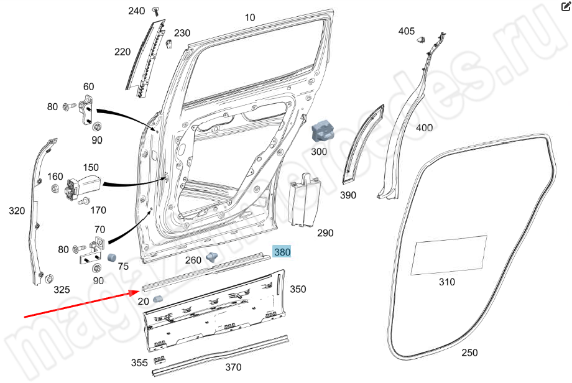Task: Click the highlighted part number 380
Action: pyautogui.click(x=282, y=252)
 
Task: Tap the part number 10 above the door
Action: pyautogui.click(x=249, y=17)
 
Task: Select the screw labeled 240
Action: pyautogui.click(x=156, y=10)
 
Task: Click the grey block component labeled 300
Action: pyautogui.click(x=322, y=132)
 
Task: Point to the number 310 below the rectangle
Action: pyautogui.click(x=446, y=282)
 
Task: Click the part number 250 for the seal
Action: pyautogui.click(x=469, y=353)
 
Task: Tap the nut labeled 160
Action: pyautogui.click(x=53, y=188)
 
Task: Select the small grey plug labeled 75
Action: pyautogui.click(x=113, y=257)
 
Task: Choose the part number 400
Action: pyautogui.click(x=424, y=127)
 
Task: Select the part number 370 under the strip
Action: pyautogui.click(x=233, y=367)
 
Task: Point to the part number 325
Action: pyautogui.click(x=61, y=289)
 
